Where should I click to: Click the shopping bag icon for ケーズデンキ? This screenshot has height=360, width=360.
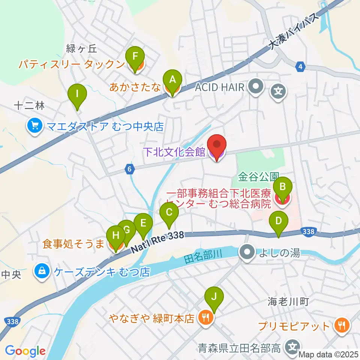point(40,271)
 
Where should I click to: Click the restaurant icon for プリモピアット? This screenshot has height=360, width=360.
point(341,325)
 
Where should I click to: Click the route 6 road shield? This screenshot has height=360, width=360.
point(129,169)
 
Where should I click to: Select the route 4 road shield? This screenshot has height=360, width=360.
point(300,67)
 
